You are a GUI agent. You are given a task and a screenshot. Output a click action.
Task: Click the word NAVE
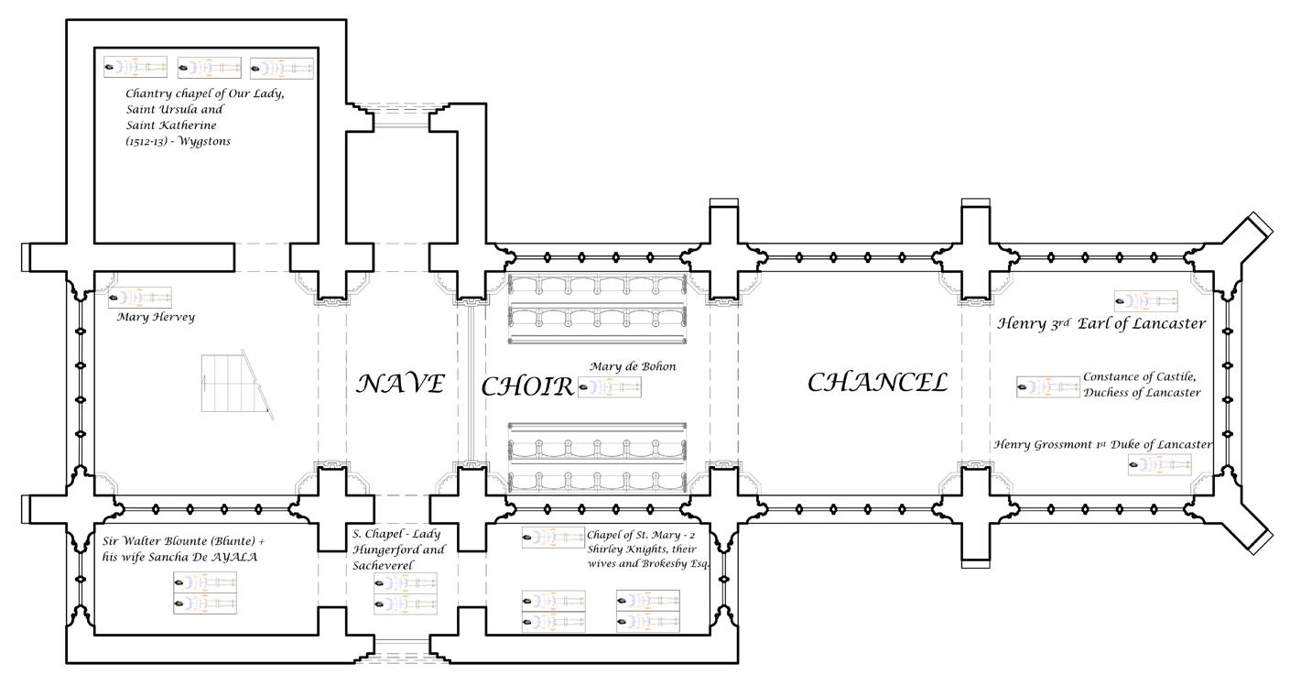(400, 384)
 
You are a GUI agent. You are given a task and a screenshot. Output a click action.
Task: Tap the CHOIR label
(527, 386)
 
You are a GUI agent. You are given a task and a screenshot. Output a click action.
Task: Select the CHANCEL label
(876, 383)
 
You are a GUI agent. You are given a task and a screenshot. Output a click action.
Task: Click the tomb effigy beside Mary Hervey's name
(139, 298)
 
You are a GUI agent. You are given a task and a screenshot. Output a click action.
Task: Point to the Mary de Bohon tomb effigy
(609, 387)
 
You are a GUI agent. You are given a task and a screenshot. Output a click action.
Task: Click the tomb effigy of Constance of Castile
(1047, 386)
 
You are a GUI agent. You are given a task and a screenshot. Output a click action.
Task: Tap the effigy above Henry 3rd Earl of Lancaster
(1145, 300)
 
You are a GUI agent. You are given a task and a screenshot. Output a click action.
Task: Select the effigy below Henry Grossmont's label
(1159, 465)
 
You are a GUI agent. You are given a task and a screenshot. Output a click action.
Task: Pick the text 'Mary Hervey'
(156, 318)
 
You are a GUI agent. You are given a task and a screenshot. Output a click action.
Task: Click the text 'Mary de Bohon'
(633, 366)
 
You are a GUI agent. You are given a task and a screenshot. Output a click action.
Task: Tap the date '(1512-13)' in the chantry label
(147, 142)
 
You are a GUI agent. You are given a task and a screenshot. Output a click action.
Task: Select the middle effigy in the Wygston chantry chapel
(209, 68)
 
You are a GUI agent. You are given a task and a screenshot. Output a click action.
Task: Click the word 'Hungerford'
(399, 550)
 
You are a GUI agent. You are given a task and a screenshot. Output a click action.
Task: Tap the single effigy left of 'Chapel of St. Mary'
(553, 538)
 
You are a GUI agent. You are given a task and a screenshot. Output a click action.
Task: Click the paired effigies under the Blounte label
(205, 593)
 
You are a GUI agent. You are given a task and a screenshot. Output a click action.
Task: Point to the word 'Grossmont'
(1061, 445)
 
